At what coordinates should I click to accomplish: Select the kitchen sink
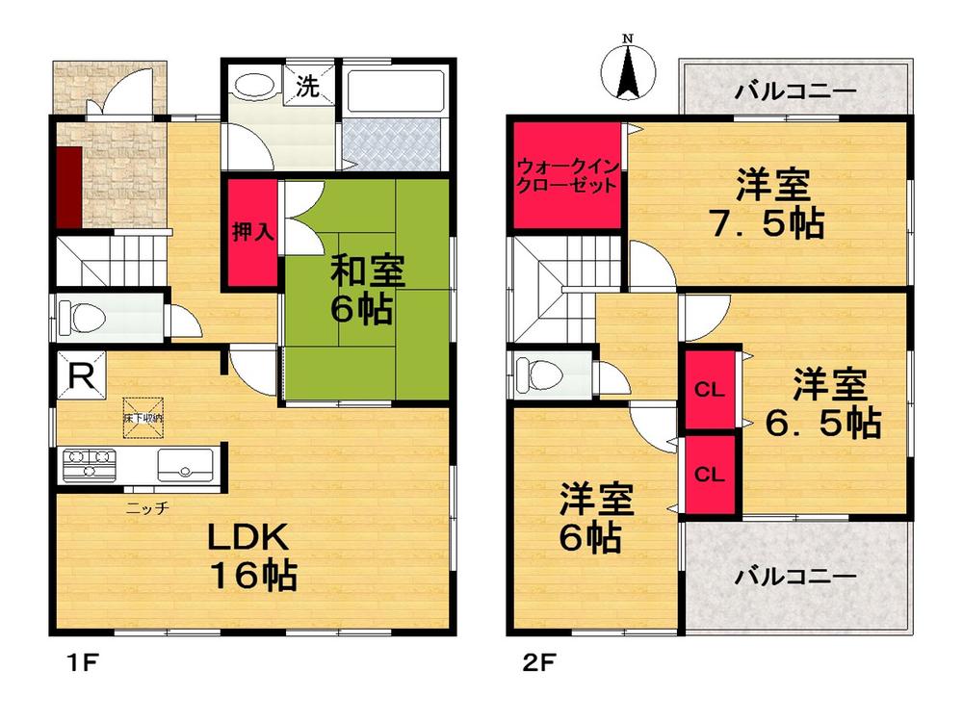pos(188,466)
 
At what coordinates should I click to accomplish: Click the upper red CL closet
pos(710,389)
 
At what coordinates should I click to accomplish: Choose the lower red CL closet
pos(710,474)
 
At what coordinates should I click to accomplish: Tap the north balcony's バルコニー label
pos(794,92)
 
